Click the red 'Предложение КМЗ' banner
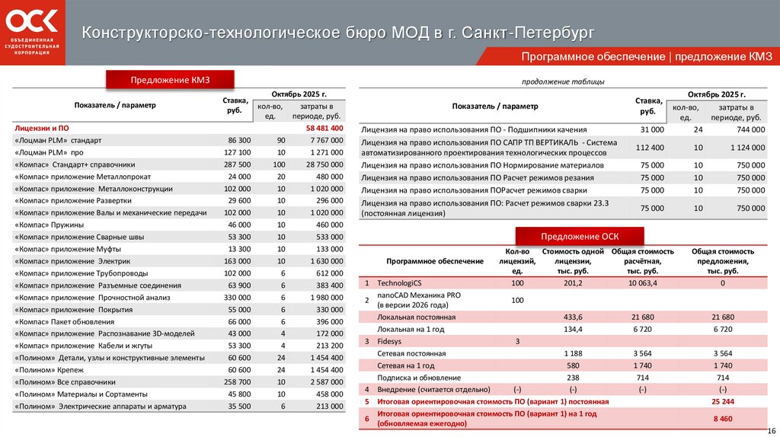169,80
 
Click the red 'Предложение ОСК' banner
579,236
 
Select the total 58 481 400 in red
324,128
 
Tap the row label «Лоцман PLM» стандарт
57,141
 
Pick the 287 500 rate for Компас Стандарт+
237,164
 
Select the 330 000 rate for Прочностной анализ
237,297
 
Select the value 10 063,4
643,282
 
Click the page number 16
771,431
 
